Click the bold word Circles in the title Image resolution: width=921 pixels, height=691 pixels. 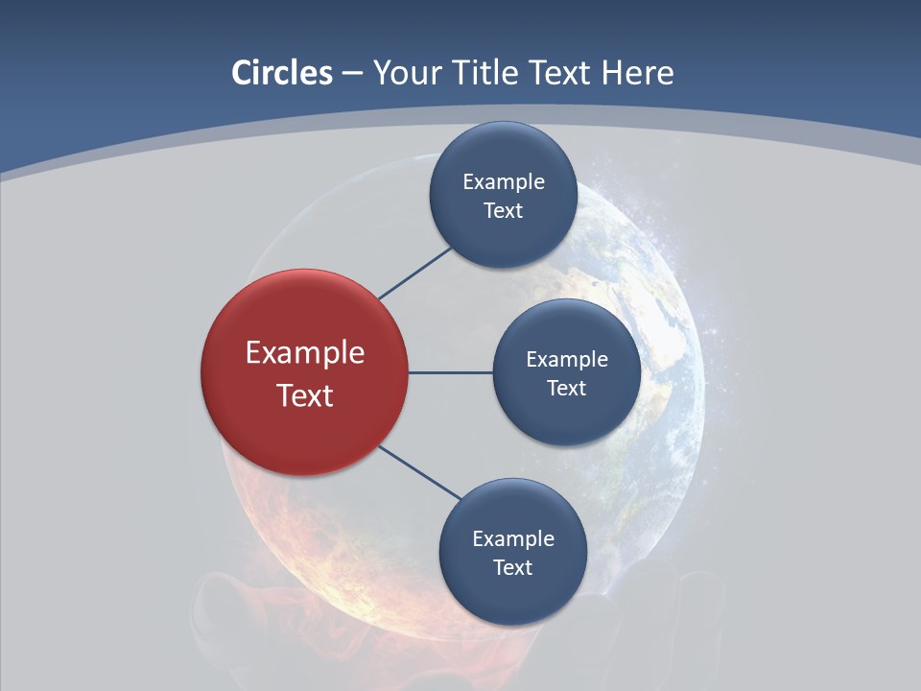pyautogui.click(x=282, y=73)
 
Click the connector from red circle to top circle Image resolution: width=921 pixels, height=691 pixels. pyautogui.click(x=415, y=273)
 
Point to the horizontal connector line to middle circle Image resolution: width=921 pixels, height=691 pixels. pyautogui.click(x=451, y=372)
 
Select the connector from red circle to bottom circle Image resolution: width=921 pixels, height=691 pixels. pyautogui.click(x=420, y=472)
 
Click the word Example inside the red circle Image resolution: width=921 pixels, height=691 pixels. pyautogui.click(x=305, y=353)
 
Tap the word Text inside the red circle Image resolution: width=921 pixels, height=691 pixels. pyautogui.click(x=305, y=395)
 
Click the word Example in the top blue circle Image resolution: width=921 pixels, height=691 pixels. pyautogui.click(x=503, y=182)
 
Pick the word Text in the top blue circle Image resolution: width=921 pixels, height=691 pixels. pyautogui.click(x=503, y=211)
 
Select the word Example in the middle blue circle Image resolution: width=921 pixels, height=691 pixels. pyautogui.click(x=566, y=360)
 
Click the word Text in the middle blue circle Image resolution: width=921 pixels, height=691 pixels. pyautogui.click(x=566, y=389)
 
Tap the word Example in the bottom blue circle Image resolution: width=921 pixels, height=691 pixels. pyautogui.click(x=512, y=539)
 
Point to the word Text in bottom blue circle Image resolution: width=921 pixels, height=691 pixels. pyautogui.click(x=512, y=568)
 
